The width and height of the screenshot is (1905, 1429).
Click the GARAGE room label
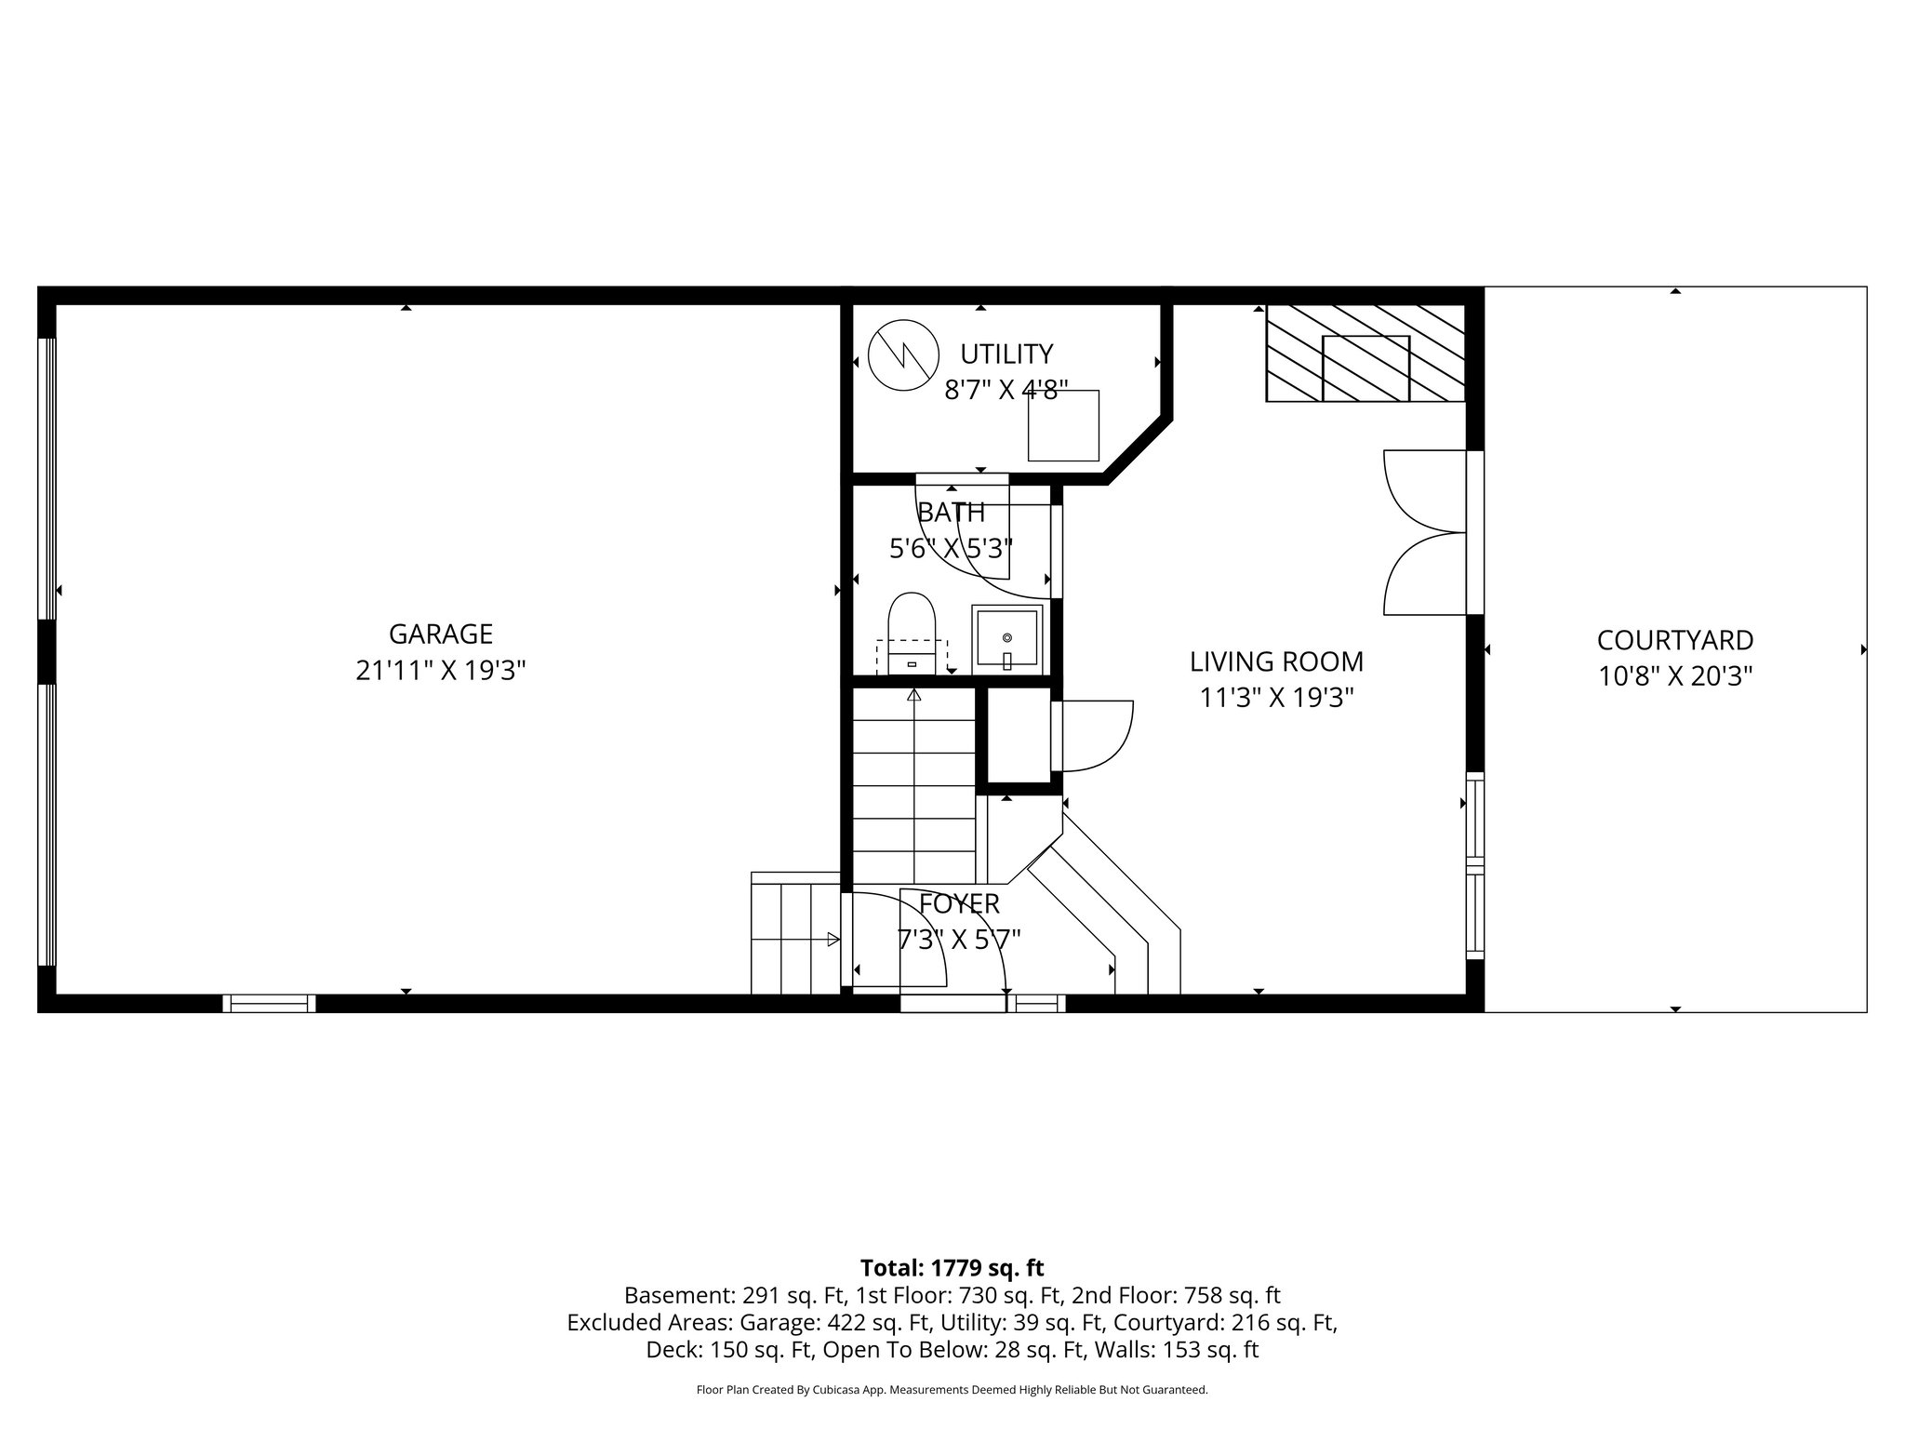pyautogui.click(x=440, y=634)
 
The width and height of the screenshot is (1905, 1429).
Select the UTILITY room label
pyautogui.click(x=1006, y=354)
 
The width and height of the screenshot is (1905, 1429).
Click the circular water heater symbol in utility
pyautogui.click(x=900, y=354)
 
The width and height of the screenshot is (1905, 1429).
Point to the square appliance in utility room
pyautogui.click(x=1062, y=425)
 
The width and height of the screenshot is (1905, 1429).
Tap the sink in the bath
pyautogui.click(x=1006, y=638)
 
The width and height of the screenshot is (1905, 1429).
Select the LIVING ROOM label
pyautogui.click(x=1276, y=662)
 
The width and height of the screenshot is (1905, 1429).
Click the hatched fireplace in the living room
pyautogui.click(x=1365, y=354)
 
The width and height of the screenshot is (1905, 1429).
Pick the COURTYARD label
pyautogui.click(x=1674, y=640)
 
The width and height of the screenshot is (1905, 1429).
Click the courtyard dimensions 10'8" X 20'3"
pyautogui.click(x=1674, y=676)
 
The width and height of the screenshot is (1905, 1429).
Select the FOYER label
pyautogui.click(x=959, y=903)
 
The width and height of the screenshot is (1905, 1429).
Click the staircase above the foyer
pyautogui.click(x=913, y=786)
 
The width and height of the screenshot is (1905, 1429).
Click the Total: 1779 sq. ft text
pyautogui.click(x=952, y=1268)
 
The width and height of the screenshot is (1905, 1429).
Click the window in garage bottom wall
pyautogui.click(x=269, y=1003)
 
